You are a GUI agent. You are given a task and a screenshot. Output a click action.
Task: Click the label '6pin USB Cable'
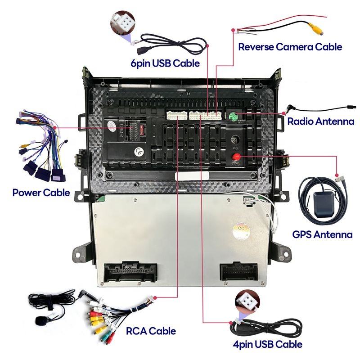coord(165,63)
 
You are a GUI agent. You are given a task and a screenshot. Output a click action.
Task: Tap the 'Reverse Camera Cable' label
coord(290,47)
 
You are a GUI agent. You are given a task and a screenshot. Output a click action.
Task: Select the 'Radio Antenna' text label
coord(320,121)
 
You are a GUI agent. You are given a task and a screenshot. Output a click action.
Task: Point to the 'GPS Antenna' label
coord(322,234)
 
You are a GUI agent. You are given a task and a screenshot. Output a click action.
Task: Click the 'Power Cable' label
coord(41,193)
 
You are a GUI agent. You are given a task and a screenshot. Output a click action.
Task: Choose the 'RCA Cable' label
coord(150,332)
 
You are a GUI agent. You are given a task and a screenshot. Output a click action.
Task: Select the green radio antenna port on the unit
coord(234,116)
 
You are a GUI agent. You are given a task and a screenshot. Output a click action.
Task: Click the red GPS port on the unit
coord(235,157)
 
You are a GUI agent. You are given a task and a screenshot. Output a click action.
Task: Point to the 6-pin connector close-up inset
coord(124,21)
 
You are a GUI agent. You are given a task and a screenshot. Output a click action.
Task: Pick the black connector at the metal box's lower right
coord(239,271)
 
